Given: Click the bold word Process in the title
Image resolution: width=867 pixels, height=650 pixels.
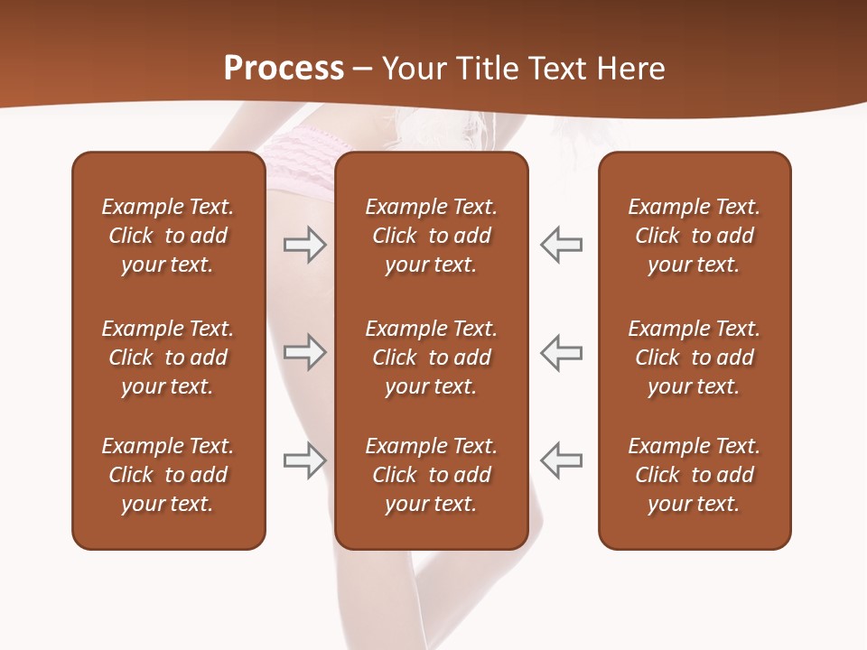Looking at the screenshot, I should [284, 69].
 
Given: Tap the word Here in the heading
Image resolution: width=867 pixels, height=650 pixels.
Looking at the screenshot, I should [629, 69].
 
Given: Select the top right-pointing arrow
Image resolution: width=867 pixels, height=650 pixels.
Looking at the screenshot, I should [304, 244].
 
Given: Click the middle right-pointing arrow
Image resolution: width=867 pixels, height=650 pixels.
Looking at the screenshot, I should [304, 352].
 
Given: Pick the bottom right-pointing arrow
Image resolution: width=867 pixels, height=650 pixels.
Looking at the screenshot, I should [304, 460].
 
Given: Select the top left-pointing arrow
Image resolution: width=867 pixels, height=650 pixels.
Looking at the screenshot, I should [562, 244].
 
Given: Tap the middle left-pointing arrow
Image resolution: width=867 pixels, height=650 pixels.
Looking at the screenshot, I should [562, 352].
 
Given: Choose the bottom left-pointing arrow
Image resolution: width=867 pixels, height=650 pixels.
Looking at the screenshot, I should [562, 460].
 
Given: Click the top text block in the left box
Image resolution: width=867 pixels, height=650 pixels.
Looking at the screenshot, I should [168, 236].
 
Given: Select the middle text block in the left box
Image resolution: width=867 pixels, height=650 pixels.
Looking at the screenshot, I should [168, 357].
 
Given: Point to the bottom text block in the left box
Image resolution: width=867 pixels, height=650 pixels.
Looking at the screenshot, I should [168, 475].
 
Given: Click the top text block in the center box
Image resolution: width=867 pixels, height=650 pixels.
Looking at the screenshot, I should [431, 236].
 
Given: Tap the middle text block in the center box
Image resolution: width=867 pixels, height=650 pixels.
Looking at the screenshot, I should [431, 357].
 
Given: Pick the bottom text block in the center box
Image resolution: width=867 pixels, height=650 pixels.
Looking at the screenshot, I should [431, 475].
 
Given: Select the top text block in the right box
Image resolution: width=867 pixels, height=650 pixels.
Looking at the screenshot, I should [694, 236].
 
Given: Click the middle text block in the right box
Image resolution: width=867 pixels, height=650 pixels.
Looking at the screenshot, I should [694, 357].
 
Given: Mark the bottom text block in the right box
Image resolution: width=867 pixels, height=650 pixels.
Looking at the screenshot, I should [694, 475].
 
